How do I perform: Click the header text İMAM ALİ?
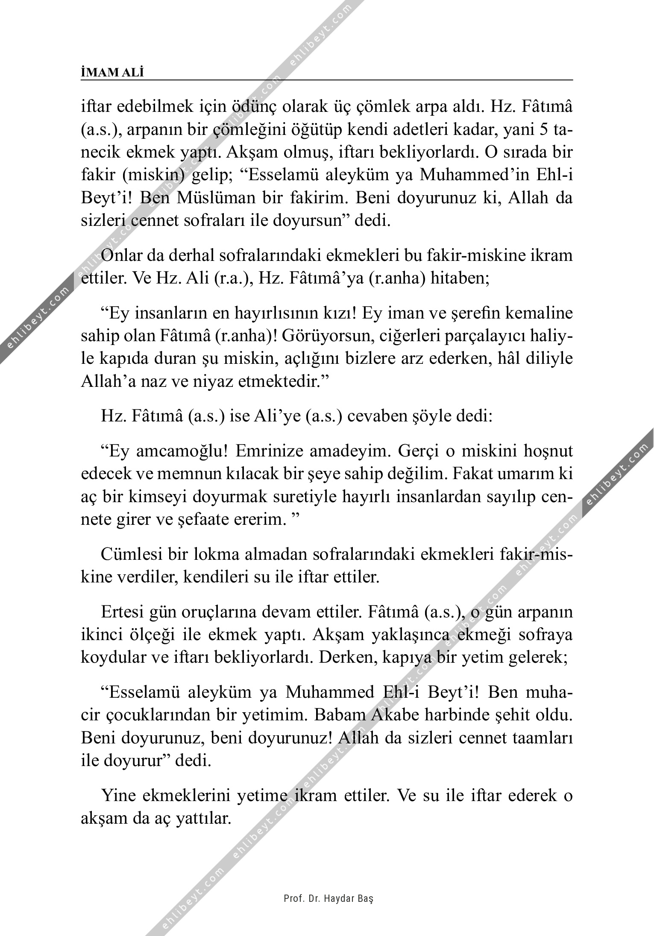(112, 73)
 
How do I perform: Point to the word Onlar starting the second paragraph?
(121, 255)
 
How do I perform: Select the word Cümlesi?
(130, 554)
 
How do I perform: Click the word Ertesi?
(123, 612)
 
